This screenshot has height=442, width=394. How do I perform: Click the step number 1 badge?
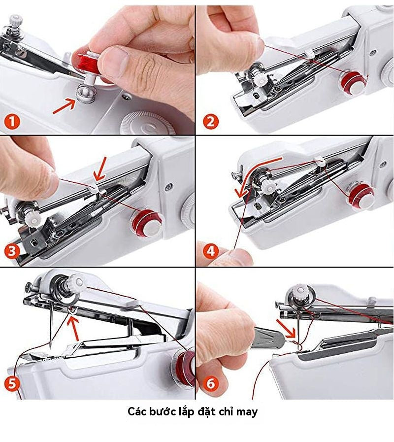click(12, 121)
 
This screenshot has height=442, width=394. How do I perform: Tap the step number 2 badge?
click(210, 121)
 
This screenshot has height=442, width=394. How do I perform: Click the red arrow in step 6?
click(285, 328)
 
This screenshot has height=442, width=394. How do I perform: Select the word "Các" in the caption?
click(137, 411)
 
